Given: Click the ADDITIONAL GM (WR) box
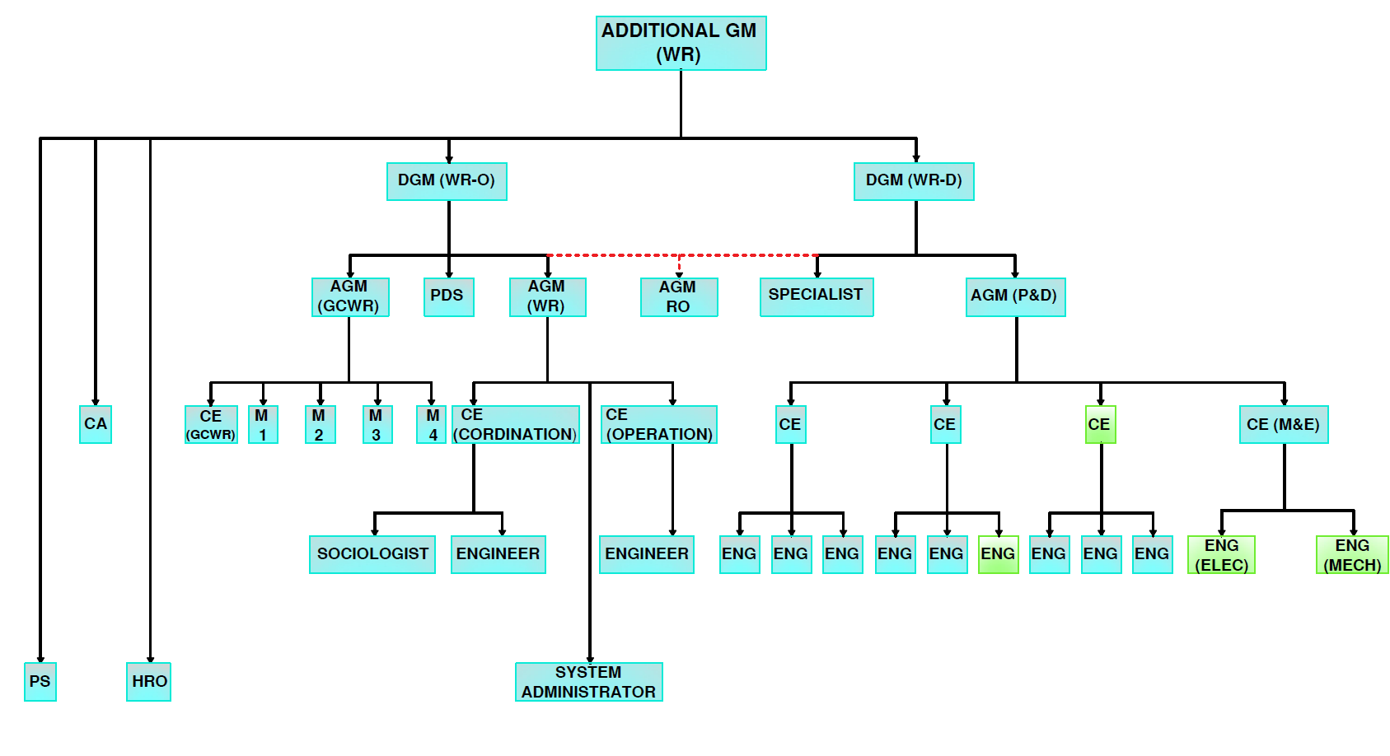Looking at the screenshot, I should pyautogui.click(x=681, y=43).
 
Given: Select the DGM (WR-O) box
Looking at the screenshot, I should pyautogui.click(x=447, y=181).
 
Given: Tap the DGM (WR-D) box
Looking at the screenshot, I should pyautogui.click(x=914, y=181).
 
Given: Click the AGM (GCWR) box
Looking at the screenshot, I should pyautogui.click(x=350, y=296).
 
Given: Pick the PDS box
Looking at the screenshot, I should pyautogui.click(x=449, y=296).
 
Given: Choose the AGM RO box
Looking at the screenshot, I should pyautogui.click(x=679, y=296).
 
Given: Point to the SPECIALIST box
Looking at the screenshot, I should pyautogui.click(x=816, y=296).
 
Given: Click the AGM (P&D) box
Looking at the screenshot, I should pyautogui.click(x=1015, y=296).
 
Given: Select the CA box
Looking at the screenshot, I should pyautogui.click(x=96, y=424).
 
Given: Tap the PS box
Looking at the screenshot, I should pyautogui.click(x=40, y=681).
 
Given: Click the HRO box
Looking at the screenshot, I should pyautogui.click(x=149, y=681).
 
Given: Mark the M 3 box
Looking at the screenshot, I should pyautogui.click(x=377, y=424).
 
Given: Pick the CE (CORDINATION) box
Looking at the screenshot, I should pyautogui.click(x=516, y=424).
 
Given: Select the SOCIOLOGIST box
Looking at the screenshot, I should pyautogui.click(x=372, y=553).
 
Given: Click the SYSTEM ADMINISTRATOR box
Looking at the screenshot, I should pyautogui.click(x=589, y=681).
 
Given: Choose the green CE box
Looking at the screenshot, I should pyautogui.click(x=1100, y=424).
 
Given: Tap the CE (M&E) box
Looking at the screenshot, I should pyautogui.click(x=1284, y=424).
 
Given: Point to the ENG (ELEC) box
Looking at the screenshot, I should pyautogui.click(x=1221, y=554).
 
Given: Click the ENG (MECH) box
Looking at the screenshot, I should pyautogui.click(x=1352, y=554).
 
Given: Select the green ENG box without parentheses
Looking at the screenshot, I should pyautogui.click(x=998, y=553).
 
